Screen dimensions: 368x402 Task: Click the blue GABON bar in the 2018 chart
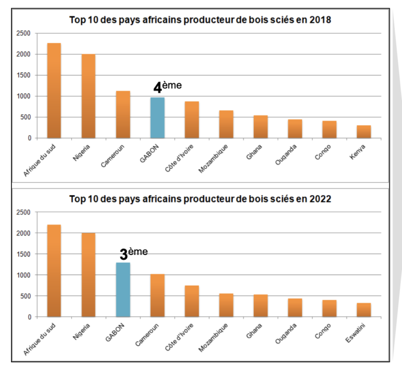point(158,118)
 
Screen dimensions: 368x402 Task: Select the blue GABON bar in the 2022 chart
point(123,290)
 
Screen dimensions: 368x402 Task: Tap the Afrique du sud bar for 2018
point(54,91)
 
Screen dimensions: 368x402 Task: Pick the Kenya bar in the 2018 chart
point(364,132)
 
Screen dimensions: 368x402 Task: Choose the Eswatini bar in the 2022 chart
point(364,310)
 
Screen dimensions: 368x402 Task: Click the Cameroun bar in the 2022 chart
point(158,296)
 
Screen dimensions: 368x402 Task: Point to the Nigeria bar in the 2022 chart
point(88,275)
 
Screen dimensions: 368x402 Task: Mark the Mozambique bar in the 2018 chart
point(226,124)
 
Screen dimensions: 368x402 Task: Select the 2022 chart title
point(200,199)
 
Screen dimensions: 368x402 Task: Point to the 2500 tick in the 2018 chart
point(23,33)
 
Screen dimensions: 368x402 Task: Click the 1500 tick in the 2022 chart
point(23,254)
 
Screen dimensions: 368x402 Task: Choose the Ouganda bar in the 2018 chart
point(295,129)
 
